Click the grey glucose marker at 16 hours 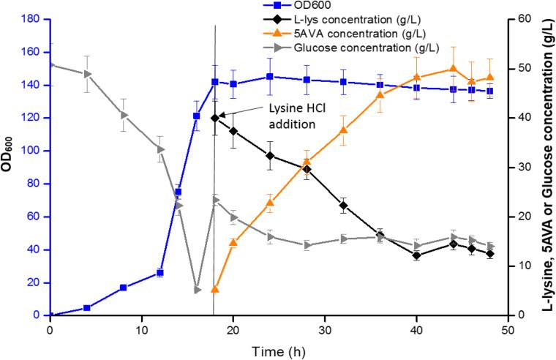197,290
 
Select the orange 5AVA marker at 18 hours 215,290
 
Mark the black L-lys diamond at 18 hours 215,118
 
